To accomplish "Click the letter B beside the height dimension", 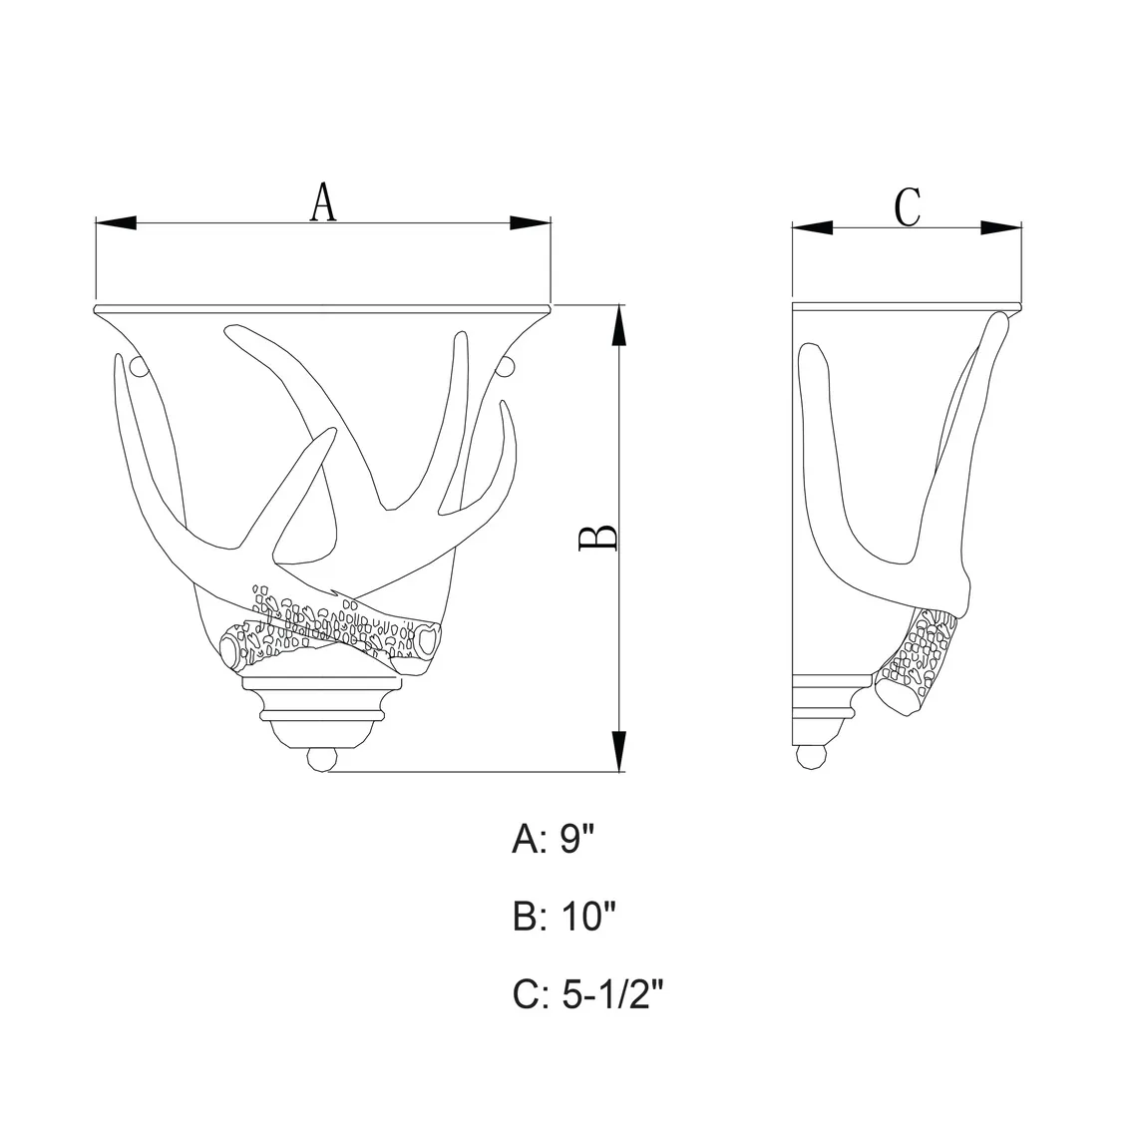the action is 598,538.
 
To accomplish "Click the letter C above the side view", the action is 908,207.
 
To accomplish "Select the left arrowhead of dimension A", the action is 116,223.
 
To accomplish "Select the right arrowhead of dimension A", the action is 530,223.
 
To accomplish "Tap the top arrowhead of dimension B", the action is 617,325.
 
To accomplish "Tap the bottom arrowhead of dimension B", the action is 617,751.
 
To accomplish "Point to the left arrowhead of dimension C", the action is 812,228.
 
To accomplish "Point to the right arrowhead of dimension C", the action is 1000,228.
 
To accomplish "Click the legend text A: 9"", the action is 554,839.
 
